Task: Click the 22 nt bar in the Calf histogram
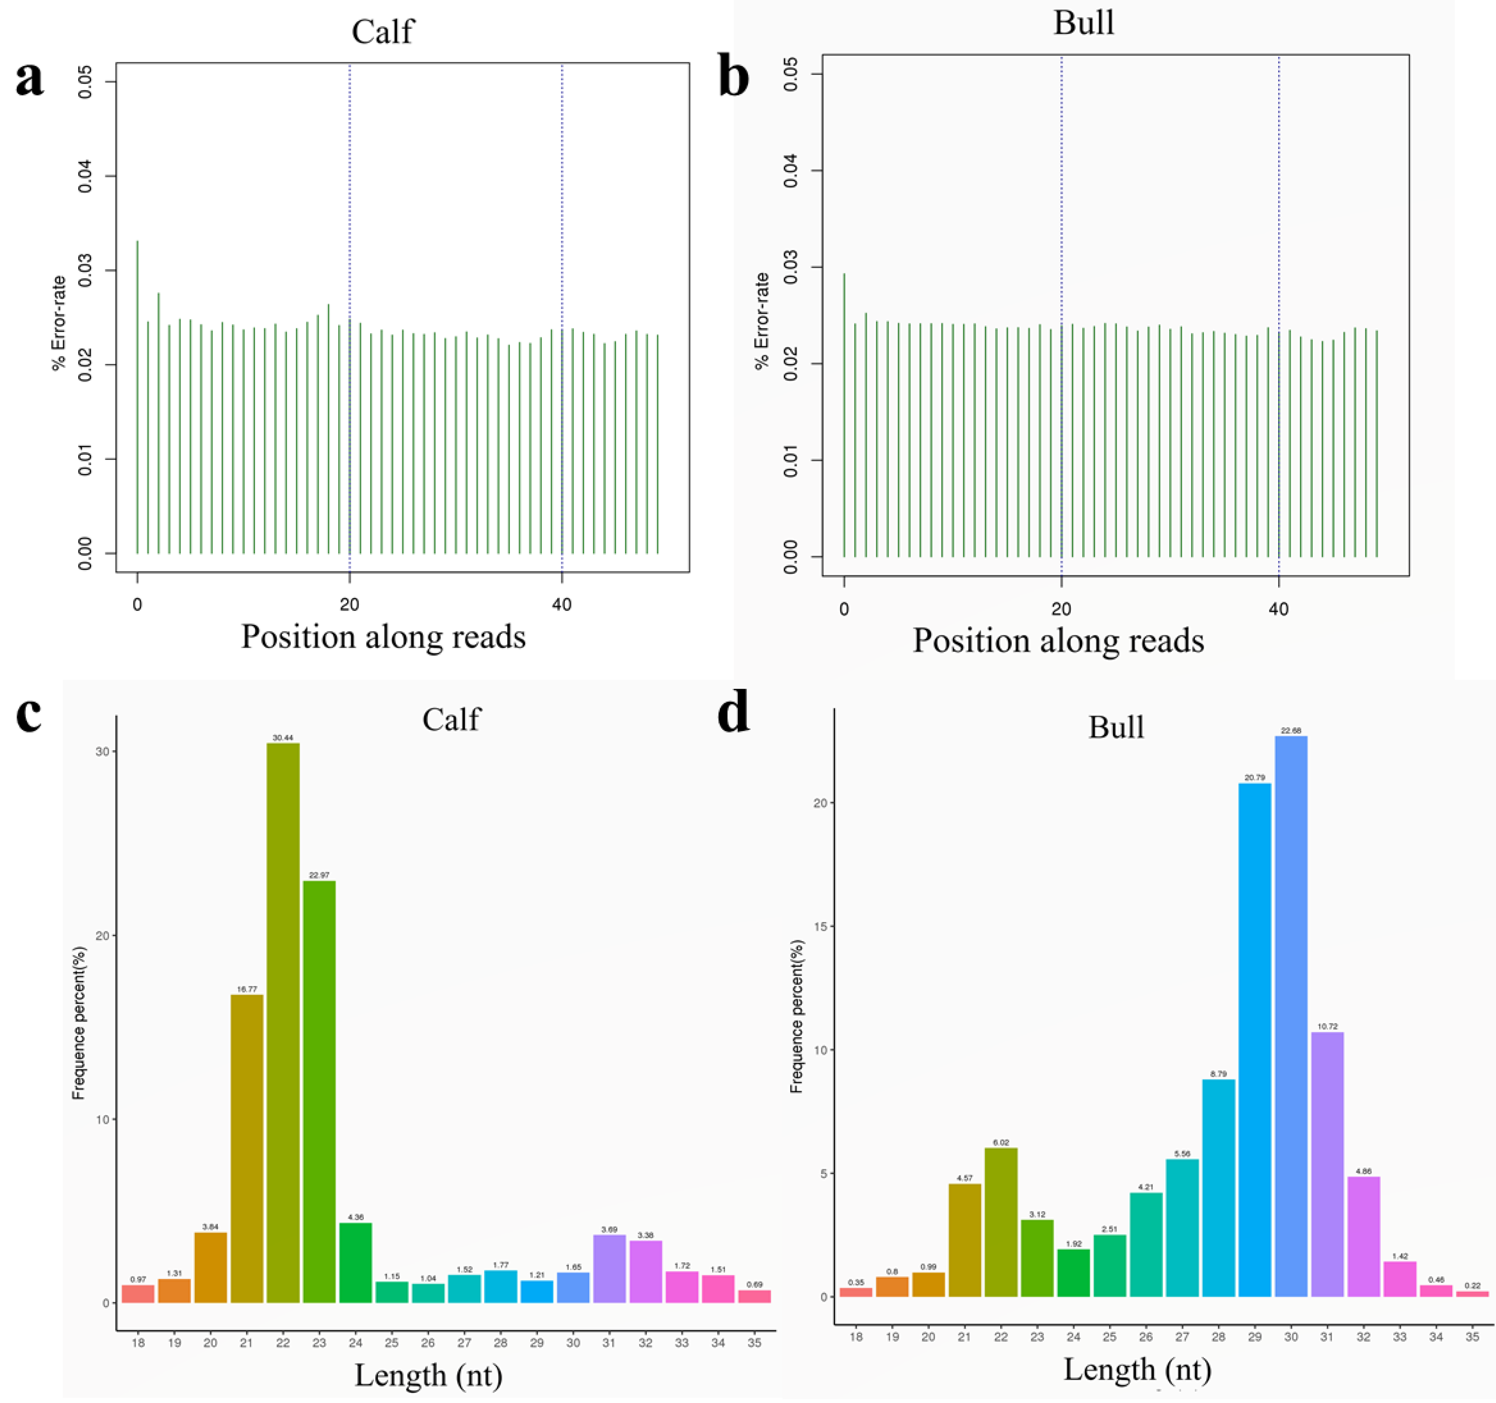283,1023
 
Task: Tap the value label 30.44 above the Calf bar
283,738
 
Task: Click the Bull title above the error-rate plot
1084,23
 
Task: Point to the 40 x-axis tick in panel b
1279,609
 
